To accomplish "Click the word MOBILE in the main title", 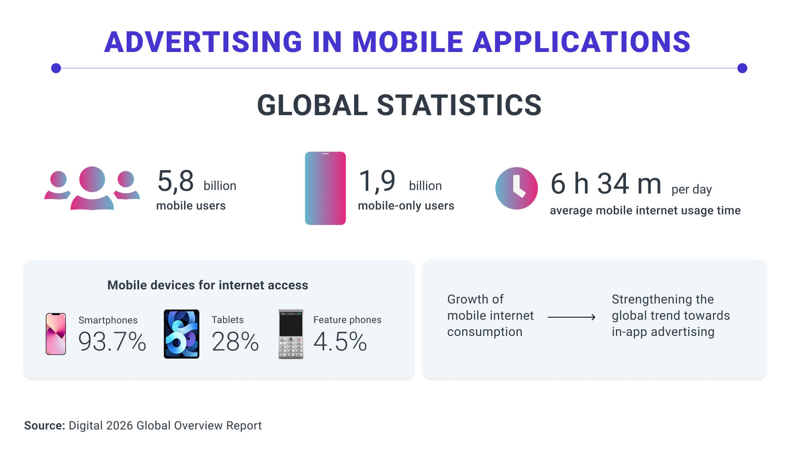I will (x=407, y=42).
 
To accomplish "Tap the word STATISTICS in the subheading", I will (x=459, y=105).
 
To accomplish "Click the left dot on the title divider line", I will (x=56, y=68).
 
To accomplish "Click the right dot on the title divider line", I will (x=742, y=68).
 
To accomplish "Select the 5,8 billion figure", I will (x=176, y=181).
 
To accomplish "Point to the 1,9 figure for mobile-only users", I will (x=377, y=181).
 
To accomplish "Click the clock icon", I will (x=516, y=188).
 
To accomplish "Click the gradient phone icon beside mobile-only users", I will (x=325, y=188).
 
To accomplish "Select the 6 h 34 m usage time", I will (x=606, y=184).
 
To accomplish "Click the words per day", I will (x=691, y=190).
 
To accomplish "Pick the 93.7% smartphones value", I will (x=112, y=342).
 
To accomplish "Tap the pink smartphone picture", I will (x=56, y=334).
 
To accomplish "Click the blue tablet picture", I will (x=181, y=334).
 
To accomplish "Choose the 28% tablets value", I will (x=235, y=342).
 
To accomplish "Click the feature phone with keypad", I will (x=291, y=334).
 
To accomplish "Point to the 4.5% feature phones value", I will (x=340, y=342).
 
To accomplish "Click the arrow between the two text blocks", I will (x=571, y=317).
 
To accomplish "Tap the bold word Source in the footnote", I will (x=44, y=426).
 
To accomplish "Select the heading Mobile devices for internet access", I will (x=207, y=285).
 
